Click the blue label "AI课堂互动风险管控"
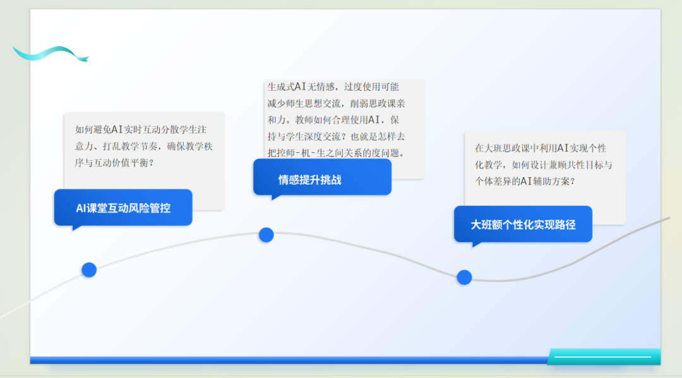pos(123,208)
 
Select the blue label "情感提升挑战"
pos(322,177)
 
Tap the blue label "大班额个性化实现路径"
pos(523,224)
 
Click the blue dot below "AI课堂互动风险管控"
pos(89,270)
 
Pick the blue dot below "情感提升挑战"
pos(266,235)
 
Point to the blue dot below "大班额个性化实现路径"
pos(464,277)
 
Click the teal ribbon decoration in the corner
pos(51,54)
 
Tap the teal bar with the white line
pos(604,357)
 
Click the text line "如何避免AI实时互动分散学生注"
pos(141,129)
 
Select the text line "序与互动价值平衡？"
pos(114,163)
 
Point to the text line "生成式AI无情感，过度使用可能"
pos(333,87)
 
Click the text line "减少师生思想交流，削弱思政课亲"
pos(336,103)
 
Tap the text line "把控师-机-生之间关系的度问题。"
pos(336,153)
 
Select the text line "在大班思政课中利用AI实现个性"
pos(541,148)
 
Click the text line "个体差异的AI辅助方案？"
pos(525,181)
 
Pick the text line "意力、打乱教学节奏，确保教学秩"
pos(144,146)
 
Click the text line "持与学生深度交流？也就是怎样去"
pos(336,136)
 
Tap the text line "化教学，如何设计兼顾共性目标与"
pos(544,165)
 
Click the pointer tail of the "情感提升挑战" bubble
pos(275,198)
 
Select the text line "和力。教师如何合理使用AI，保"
pos(333,120)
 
